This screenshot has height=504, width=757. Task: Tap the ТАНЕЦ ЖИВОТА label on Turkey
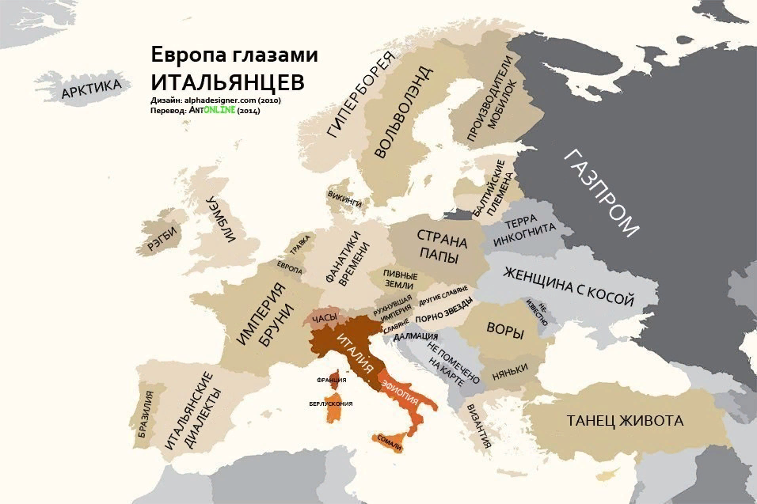point(625,420)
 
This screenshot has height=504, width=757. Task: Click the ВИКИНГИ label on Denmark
point(344,198)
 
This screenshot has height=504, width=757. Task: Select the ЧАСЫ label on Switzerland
point(325,318)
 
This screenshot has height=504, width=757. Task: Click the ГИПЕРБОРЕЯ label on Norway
point(359,104)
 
